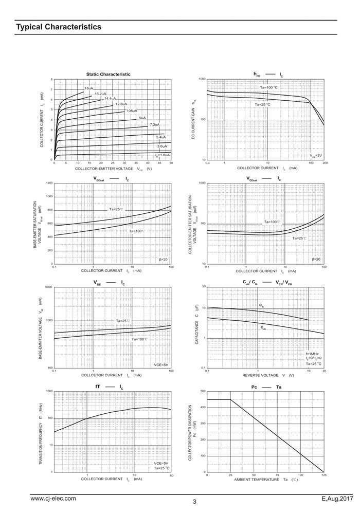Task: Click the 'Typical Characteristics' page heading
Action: [58, 27]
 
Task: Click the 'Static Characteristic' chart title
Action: [108, 74]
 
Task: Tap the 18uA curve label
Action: [89, 88]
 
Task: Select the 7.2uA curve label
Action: [154, 125]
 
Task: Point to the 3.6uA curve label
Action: [162, 146]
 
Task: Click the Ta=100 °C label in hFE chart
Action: [268, 87]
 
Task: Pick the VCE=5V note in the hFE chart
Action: [316, 155]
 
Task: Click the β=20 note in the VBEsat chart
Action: [164, 260]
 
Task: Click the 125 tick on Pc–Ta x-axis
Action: [324, 475]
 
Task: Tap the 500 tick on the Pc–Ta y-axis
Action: [203, 391]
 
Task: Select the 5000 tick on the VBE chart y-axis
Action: [49, 287]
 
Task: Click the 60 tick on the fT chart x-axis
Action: [171, 475]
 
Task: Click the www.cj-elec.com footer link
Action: [53, 499]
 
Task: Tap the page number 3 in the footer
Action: [195, 502]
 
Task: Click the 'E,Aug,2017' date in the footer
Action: [337, 499]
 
